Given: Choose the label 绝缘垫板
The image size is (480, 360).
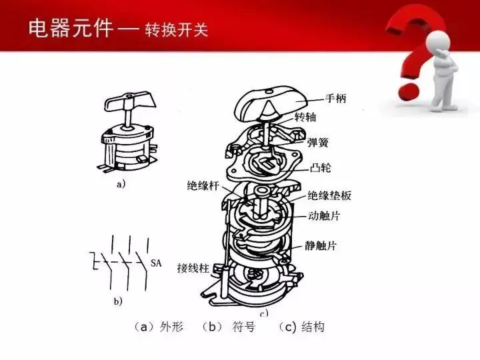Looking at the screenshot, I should coord(329,196).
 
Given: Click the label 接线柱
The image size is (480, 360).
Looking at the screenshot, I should coord(193,269).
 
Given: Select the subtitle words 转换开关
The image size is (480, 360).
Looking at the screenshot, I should coord(176,31).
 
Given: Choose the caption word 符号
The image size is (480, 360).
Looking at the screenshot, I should coord(243,328).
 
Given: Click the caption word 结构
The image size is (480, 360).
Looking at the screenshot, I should coord(313,328).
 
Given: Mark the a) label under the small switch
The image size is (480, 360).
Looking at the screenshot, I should coord(120,185).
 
